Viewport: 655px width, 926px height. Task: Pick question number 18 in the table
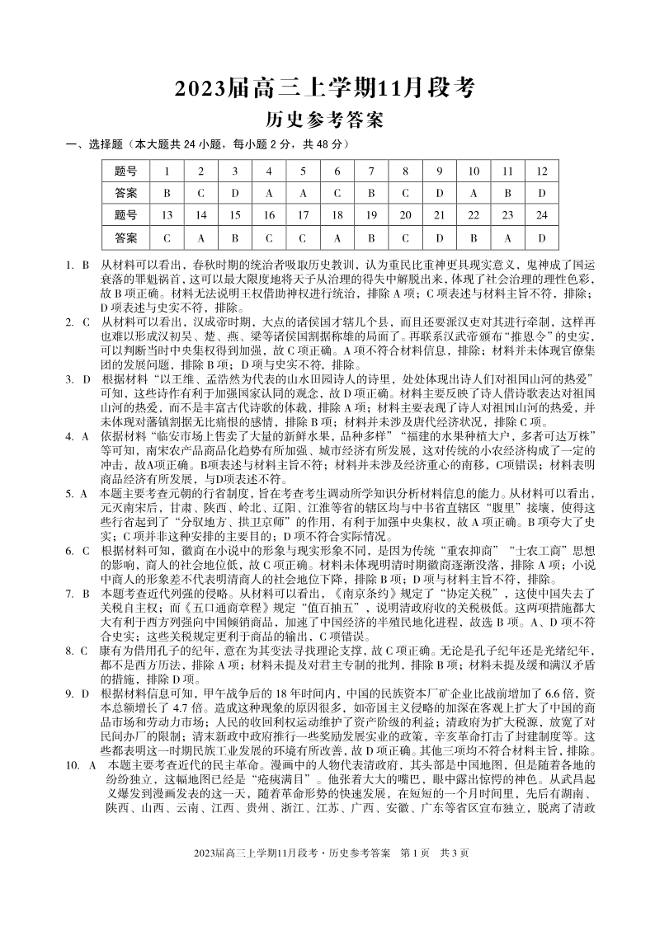coord(337,215)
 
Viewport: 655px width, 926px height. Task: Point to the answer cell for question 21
coord(439,237)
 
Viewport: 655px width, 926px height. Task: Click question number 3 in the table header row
coord(234,171)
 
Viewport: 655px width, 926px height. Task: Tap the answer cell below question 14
coord(200,237)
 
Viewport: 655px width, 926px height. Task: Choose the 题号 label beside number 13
coord(125,215)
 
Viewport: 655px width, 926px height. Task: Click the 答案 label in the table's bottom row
coord(125,237)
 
